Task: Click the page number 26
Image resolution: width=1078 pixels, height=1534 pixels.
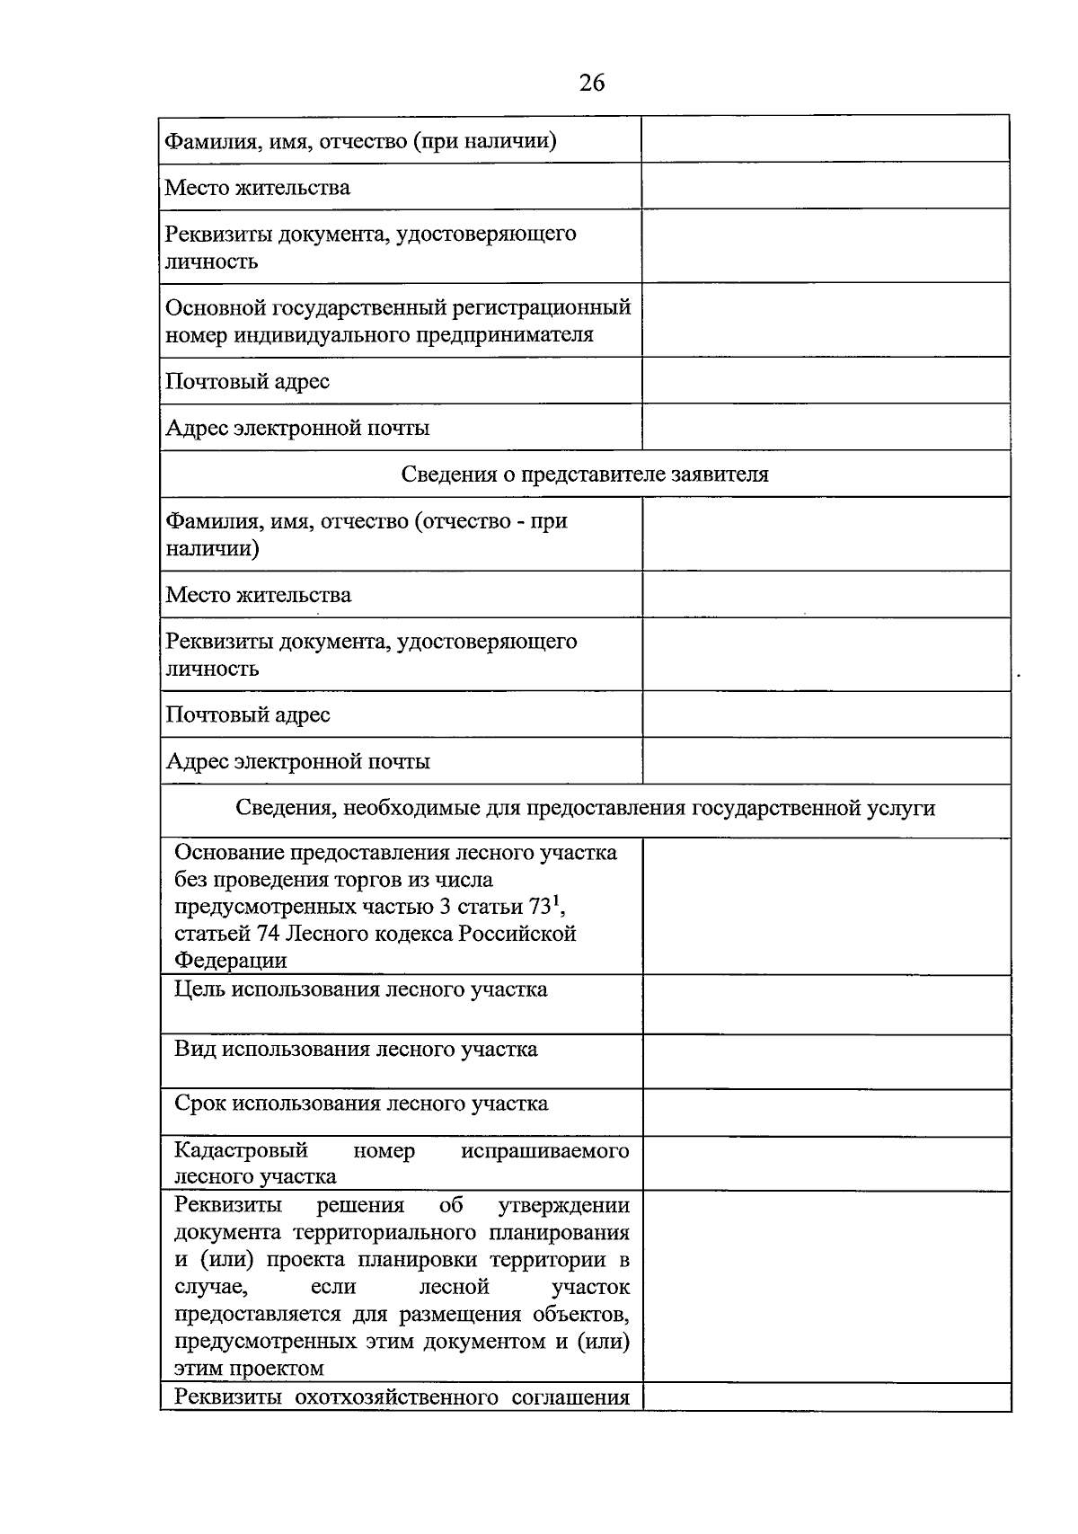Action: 592,83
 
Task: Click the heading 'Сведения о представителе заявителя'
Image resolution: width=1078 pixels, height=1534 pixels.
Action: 585,474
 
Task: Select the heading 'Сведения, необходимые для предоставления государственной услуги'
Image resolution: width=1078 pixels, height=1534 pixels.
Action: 585,808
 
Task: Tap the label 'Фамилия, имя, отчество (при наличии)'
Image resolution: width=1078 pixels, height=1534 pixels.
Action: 360,141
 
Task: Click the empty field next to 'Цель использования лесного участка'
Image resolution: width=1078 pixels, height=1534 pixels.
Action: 826,1005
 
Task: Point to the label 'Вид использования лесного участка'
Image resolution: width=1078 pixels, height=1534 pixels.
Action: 356,1049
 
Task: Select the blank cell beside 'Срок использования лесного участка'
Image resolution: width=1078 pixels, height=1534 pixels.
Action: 826,1113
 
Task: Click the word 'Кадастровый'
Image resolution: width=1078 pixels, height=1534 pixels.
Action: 241,1150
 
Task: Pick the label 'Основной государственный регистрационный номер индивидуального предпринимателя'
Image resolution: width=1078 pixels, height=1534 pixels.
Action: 398,321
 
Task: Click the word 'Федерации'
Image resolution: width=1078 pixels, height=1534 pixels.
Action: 231,960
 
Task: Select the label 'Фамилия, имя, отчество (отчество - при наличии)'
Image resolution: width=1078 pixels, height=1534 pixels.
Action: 366,535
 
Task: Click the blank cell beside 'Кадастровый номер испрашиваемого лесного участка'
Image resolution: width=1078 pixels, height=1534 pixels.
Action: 826,1164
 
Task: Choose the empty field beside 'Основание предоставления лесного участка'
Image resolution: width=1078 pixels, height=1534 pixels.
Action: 826,907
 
